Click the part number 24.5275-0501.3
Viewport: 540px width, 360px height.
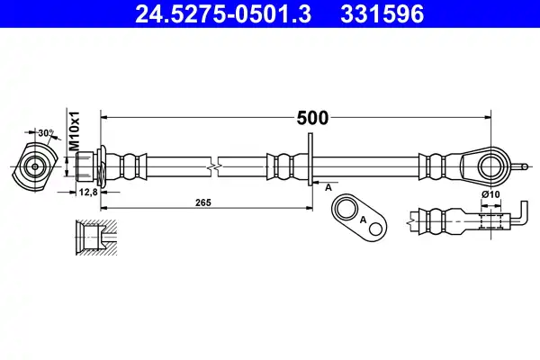(x=223, y=14)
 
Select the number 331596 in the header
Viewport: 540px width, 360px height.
(x=382, y=14)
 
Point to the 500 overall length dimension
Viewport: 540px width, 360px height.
(x=312, y=118)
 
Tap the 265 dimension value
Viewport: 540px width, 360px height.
(x=203, y=202)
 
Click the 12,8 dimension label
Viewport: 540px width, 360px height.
(x=88, y=193)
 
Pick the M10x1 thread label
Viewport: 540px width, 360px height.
(x=75, y=130)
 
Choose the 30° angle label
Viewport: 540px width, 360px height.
(x=46, y=133)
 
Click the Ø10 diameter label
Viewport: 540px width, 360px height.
(x=490, y=194)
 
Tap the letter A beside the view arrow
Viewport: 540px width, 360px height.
(x=328, y=188)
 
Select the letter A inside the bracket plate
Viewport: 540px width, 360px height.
(x=363, y=220)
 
